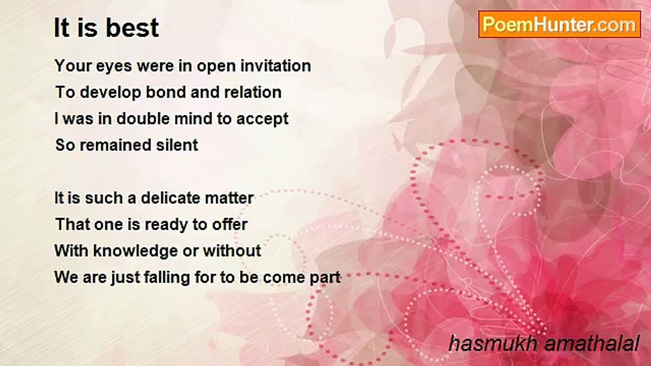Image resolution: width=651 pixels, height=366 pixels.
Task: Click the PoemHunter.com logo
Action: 559,24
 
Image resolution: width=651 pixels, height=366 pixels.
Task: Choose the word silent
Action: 177,145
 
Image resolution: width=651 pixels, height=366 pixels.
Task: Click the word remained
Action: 115,145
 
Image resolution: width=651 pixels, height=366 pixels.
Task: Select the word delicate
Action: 170,198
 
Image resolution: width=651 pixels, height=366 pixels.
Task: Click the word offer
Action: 230,224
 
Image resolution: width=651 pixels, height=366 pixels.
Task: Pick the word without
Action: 232,251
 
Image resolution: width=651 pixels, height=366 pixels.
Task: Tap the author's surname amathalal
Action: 592,344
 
